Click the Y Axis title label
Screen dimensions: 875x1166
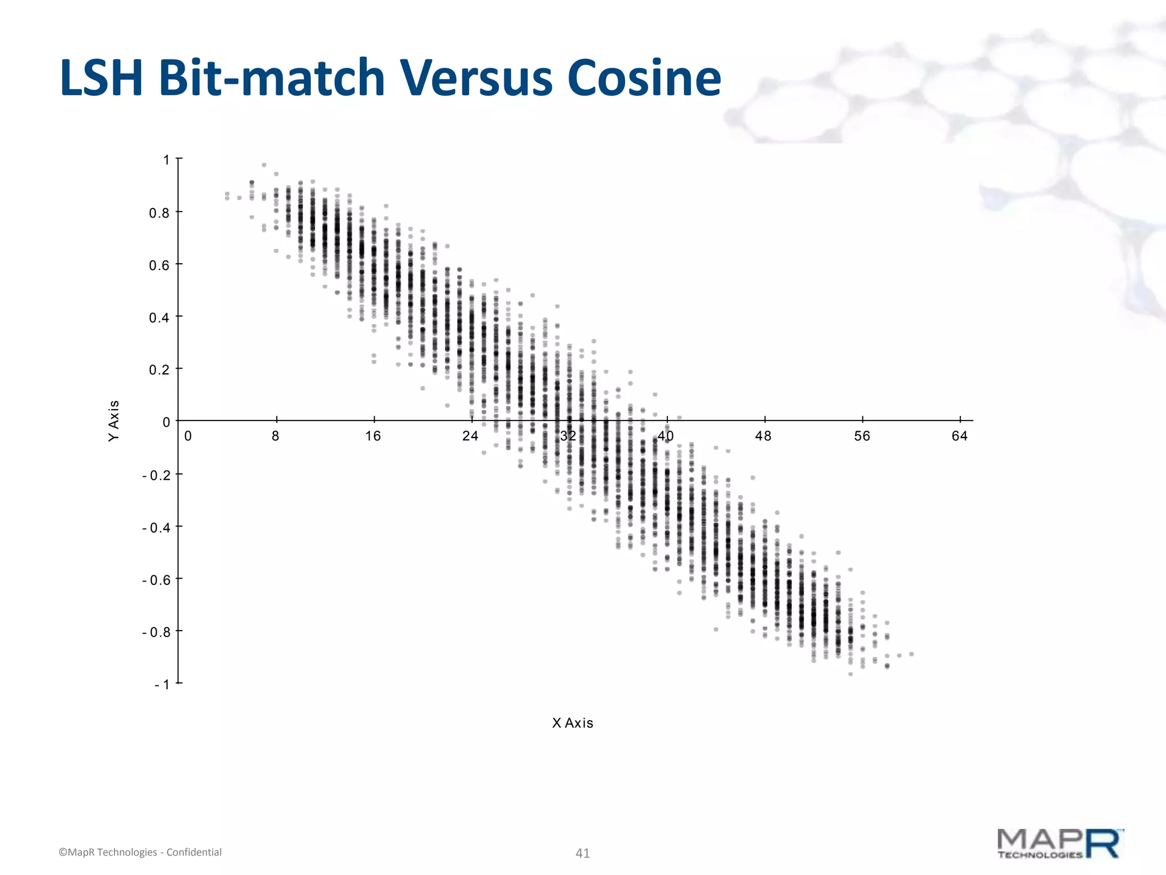click(114, 420)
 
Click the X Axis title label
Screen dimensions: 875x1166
click(573, 723)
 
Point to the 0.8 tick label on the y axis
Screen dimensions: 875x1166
click(159, 213)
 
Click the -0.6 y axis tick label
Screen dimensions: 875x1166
click(157, 580)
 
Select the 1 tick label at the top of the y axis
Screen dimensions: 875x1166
click(166, 160)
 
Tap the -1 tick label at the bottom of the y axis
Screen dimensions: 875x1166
click(162, 684)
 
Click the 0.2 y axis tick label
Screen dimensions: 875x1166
click(159, 370)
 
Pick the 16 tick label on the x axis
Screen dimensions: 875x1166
click(373, 436)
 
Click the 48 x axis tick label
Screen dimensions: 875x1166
click(763, 436)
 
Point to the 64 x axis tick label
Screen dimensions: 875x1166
click(959, 436)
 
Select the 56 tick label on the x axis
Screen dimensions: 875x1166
click(862, 436)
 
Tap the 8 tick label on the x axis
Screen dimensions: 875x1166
click(276, 436)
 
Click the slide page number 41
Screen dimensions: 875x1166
click(582, 853)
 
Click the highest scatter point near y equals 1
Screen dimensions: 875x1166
click(264, 165)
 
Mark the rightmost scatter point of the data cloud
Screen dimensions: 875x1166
click(912, 654)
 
